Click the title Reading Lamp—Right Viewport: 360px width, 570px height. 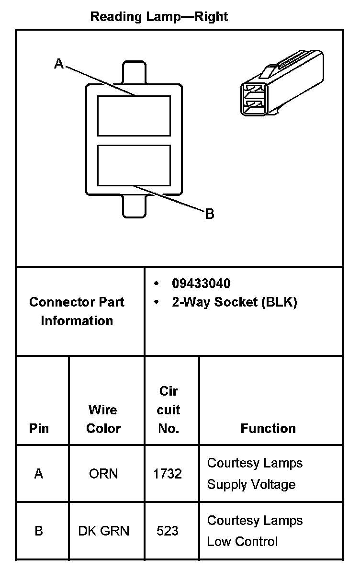click(x=159, y=17)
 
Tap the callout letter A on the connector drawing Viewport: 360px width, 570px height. click(x=58, y=64)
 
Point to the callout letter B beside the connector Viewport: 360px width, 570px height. click(x=210, y=214)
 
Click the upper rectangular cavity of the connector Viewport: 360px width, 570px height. click(x=134, y=115)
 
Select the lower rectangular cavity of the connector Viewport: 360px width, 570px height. click(x=134, y=166)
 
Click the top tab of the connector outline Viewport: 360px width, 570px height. click(x=134, y=73)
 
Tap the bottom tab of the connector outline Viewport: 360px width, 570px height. click(x=134, y=205)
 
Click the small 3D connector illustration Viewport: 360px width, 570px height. click(x=281, y=84)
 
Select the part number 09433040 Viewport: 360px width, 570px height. click(x=201, y=284)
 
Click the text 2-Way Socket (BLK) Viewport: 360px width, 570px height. click(x=235, y=303)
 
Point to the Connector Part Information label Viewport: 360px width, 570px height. click(x=77, y=311)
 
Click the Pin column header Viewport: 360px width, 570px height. click(x=39, y=428)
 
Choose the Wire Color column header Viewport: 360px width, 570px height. click(x=103, y=419)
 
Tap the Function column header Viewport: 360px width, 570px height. click(x=268, y=428)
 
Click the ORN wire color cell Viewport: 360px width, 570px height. click(x=103, y=474)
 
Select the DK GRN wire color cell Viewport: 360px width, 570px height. click(x=103, y=531)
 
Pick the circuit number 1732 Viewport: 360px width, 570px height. click(x=168, y=474)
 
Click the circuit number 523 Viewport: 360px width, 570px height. click(x=168, y=531)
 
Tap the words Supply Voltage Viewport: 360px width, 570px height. click(x=251, y=484)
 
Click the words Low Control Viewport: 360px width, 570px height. click(x=242, y=542)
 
